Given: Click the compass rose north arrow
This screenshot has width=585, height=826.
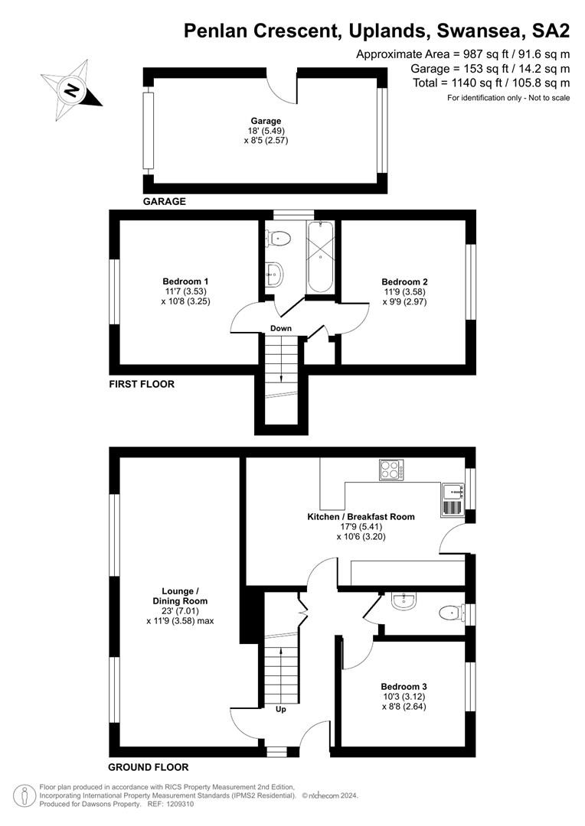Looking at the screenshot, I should [x=71, y=90].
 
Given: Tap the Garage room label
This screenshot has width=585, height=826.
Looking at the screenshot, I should [x=266, y=121].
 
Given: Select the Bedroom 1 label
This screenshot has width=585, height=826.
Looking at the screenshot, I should [x=185, y=281].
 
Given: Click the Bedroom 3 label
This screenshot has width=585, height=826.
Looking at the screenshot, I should [x=404, y=687].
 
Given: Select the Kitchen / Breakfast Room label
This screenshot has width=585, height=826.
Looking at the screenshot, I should [x=361, y=517].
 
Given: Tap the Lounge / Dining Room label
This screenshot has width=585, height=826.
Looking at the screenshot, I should [x=180, y=596].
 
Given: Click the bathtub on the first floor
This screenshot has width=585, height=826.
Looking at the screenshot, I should [x=320, y=257].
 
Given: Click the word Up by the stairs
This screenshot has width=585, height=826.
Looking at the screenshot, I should [x=281, y=709].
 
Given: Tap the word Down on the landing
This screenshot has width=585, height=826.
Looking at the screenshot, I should [x=280, y=328].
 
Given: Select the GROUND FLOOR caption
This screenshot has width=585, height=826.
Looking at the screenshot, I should [x=148, y=767].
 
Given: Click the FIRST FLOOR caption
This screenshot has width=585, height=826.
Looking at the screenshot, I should [x=142, y=384].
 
